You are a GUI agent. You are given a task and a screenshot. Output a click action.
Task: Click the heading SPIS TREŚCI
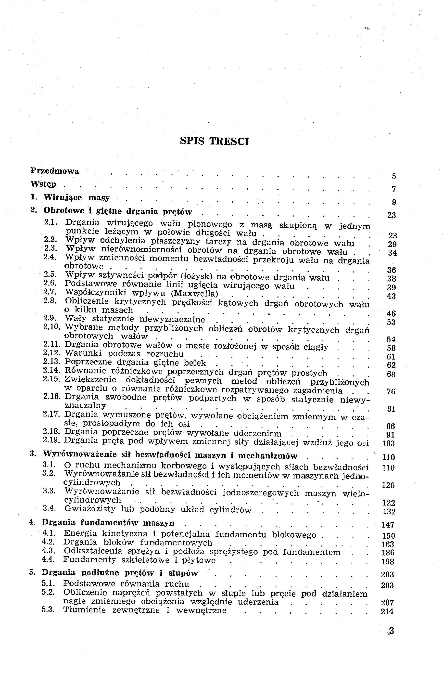[214, 141]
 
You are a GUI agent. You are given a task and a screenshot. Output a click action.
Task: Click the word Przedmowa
[55, 171]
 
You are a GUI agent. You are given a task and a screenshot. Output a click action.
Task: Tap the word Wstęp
[44, 184]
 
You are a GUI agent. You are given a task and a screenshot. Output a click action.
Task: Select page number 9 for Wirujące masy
[394, 202]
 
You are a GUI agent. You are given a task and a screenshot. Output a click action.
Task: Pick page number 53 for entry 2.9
[391, 322]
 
